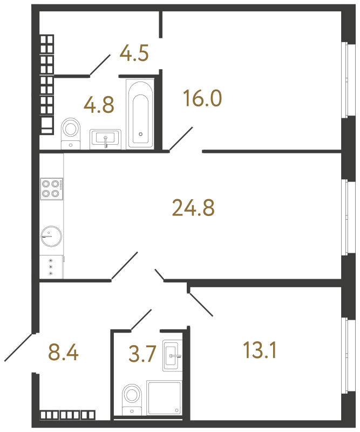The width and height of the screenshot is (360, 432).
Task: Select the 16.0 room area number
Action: (x=202, y=99)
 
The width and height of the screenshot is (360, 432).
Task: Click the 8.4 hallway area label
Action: (x=63, y=354)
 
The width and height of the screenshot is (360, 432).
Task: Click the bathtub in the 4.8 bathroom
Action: (x=140, y=113)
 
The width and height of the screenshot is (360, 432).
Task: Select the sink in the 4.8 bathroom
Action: (x=106, y=139)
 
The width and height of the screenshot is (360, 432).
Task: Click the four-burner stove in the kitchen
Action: (x=51, y=188)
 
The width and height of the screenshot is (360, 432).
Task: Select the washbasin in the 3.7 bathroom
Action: (x=173, y=356)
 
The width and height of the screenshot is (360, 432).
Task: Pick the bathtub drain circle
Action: (x=140, y=133)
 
